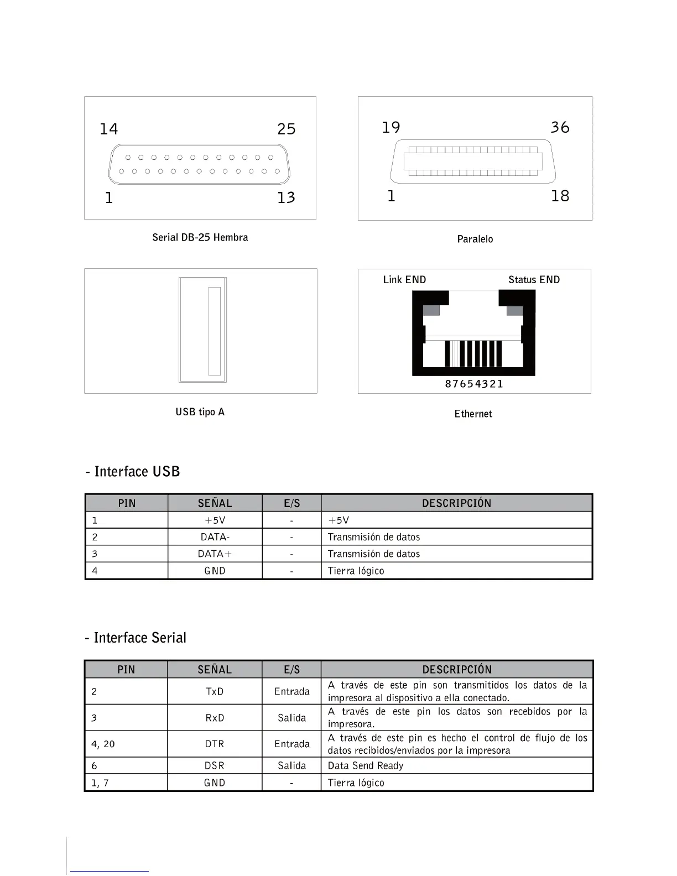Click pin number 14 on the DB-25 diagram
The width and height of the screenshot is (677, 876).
point(108,129)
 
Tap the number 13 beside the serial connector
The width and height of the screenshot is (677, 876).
point(286,197)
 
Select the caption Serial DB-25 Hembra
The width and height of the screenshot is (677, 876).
point(200,237)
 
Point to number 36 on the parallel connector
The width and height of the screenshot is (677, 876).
point(560,127)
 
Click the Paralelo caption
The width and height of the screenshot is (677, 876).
point(475,239)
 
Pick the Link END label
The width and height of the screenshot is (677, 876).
point(404,280)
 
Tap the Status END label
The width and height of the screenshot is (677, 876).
point(534,280)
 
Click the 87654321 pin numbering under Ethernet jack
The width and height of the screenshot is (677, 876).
point(474,384)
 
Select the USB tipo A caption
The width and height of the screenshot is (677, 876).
point(200,412)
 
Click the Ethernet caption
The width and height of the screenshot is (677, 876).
point(473,414)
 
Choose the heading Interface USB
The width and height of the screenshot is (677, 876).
point(133,472)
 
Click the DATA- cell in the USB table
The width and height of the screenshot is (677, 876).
point(215,537)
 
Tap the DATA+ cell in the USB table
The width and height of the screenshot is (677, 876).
point(215,554)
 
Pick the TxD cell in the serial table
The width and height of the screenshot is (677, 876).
point(215,691)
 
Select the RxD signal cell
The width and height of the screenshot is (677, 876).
point(215,718)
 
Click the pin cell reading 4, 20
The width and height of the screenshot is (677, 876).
point(103,744)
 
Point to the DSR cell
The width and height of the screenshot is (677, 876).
point(215,766)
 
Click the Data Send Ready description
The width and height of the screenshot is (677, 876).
point(366,766)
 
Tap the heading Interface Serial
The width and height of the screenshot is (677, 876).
point(136,638)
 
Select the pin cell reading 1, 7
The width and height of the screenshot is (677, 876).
point(100,783)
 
